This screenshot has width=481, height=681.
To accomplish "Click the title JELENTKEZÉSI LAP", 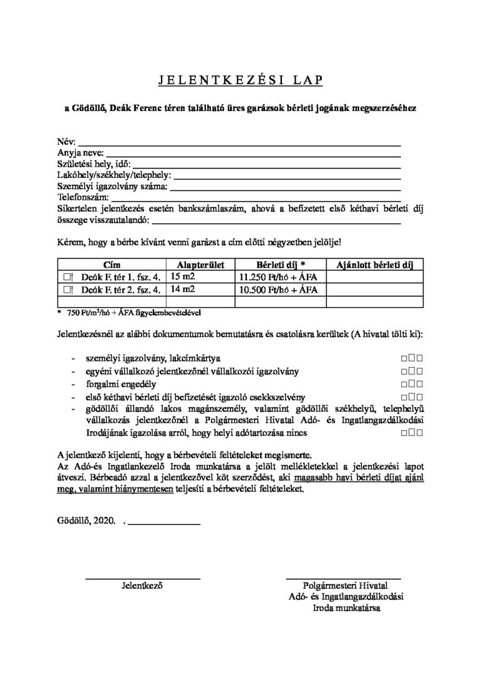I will [x=240, y=80].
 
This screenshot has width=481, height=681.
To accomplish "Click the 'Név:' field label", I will [x=66, y=141].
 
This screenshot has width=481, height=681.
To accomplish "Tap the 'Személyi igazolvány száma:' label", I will [x=112, y=186].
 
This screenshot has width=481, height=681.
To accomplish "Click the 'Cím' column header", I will [x=110, y=264].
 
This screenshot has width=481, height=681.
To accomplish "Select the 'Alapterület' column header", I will [x=196, y=264].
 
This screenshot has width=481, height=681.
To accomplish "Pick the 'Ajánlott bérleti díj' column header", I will [x=375, y=264].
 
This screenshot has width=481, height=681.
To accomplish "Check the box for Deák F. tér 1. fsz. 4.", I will [x=67, y=276].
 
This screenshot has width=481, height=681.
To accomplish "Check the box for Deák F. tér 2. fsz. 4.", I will [x=67, y=289].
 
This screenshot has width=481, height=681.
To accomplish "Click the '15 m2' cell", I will [x=183, y=276].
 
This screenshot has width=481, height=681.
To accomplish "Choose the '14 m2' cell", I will [x=183, y=289].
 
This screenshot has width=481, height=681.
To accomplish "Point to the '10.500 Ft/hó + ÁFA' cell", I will [x=279, y=289].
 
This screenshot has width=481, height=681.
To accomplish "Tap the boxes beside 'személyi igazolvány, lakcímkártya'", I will [x=410, y=358].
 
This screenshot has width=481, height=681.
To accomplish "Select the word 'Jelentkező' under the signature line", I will [x=142, y=586].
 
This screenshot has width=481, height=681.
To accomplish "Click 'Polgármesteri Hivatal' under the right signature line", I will [x=342, y=586].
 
